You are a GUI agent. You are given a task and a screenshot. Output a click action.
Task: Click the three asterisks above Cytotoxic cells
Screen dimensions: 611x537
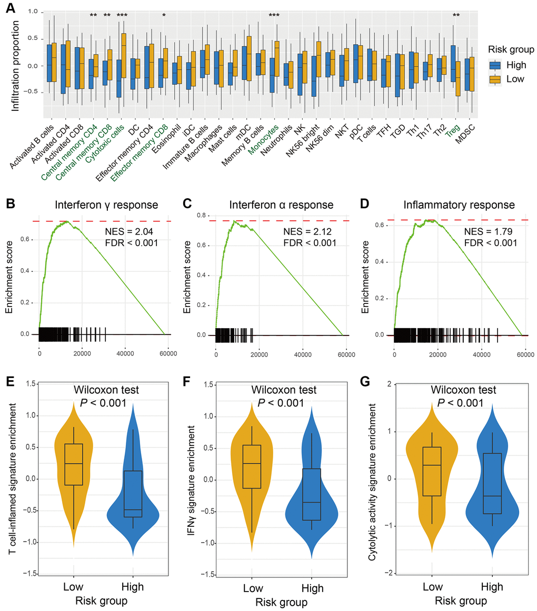[x=122, y=15]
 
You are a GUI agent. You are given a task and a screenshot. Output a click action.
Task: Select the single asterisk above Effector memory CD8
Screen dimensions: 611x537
[x=164, y=15]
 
